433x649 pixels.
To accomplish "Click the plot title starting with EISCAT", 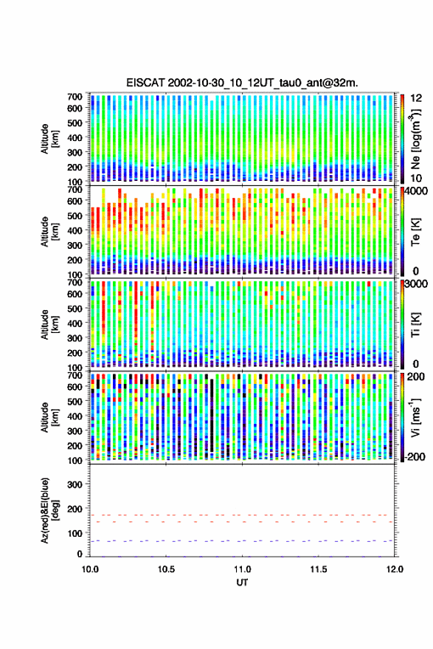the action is [242, 83].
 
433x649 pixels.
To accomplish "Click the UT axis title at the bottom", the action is [242, 583].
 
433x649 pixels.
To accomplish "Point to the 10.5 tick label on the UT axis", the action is [166, 569].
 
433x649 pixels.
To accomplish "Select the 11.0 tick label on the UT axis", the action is [242, 569].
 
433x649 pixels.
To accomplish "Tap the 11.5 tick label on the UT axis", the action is [318, 569].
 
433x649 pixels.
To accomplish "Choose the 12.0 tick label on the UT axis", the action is [394, 569].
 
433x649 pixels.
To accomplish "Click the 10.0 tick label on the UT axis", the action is [90, 569].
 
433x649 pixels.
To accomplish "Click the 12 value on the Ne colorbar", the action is [417, 98].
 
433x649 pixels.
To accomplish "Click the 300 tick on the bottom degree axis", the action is [75, 484].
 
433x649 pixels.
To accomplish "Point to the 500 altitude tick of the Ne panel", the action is [75, 123].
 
